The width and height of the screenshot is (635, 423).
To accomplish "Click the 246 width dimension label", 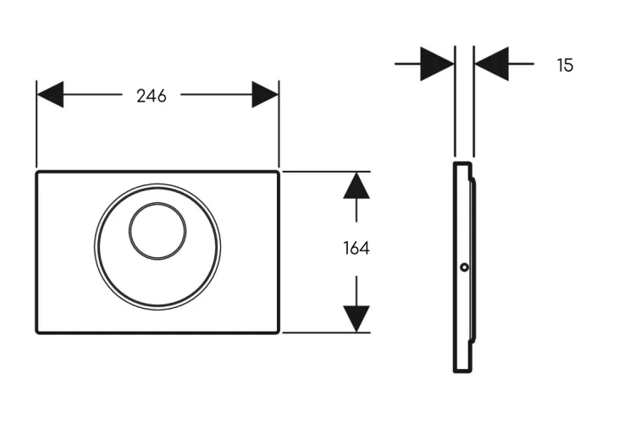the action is click(x=152, y=96).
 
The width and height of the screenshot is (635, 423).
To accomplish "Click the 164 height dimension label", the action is click(x=356, y=248).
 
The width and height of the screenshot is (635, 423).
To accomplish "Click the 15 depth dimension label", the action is click(x=566, y=65).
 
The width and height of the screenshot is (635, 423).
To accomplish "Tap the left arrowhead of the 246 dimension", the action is click(x=50, y=94).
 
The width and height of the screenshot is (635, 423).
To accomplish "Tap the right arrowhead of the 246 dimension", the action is click(x=265, y=94).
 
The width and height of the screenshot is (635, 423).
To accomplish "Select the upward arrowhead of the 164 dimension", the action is click(x=356, y=185).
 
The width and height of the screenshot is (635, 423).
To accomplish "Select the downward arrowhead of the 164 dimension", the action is click(x=356, y=319).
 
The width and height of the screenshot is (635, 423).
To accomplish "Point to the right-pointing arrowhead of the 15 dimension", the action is click(x=438, y=64).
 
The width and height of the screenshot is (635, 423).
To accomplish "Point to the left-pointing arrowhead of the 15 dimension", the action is click(x=491, y=64).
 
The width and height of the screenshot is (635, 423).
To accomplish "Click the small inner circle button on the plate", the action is click(x=157, y=231).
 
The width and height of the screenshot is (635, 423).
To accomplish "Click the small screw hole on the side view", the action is click(x=465, y=267).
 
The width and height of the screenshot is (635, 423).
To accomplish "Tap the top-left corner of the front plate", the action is click(x=37, y=173).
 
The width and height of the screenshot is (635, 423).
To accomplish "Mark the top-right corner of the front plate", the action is click(x=279, y=173).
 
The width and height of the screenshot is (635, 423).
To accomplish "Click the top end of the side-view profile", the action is click(x=462, y=162).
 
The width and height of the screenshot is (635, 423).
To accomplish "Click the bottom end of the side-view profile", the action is click(x=462, y=371).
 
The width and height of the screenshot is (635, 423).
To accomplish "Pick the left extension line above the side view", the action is click(x=456, y=102).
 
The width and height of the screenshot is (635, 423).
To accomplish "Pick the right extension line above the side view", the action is click(x=474, y=102).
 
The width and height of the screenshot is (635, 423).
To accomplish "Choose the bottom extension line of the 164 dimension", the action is click(x=327, y=332).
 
